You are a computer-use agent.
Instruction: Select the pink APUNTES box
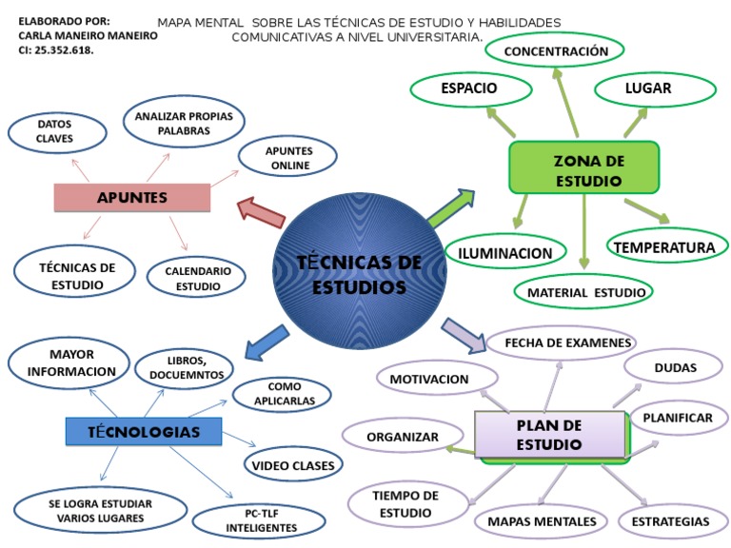point(132,197)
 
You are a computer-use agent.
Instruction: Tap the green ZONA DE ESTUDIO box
point(584,170)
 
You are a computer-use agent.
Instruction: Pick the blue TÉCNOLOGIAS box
point(144,432)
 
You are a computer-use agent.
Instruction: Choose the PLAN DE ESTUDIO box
point(550,435)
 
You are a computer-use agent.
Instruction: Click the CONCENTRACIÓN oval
point(556,50)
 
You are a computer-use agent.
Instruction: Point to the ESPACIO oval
point(469,88)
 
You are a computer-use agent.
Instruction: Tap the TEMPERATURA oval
point(663,247)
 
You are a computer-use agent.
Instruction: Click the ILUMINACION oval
point(505,253)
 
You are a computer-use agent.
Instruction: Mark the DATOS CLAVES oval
point(55,131)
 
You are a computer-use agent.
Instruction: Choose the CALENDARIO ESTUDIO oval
point(198,278)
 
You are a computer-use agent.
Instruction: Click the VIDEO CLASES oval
point(294,465)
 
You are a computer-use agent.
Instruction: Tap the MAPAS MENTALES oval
point(542,521)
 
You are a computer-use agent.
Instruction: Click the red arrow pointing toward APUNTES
point(261,210)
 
